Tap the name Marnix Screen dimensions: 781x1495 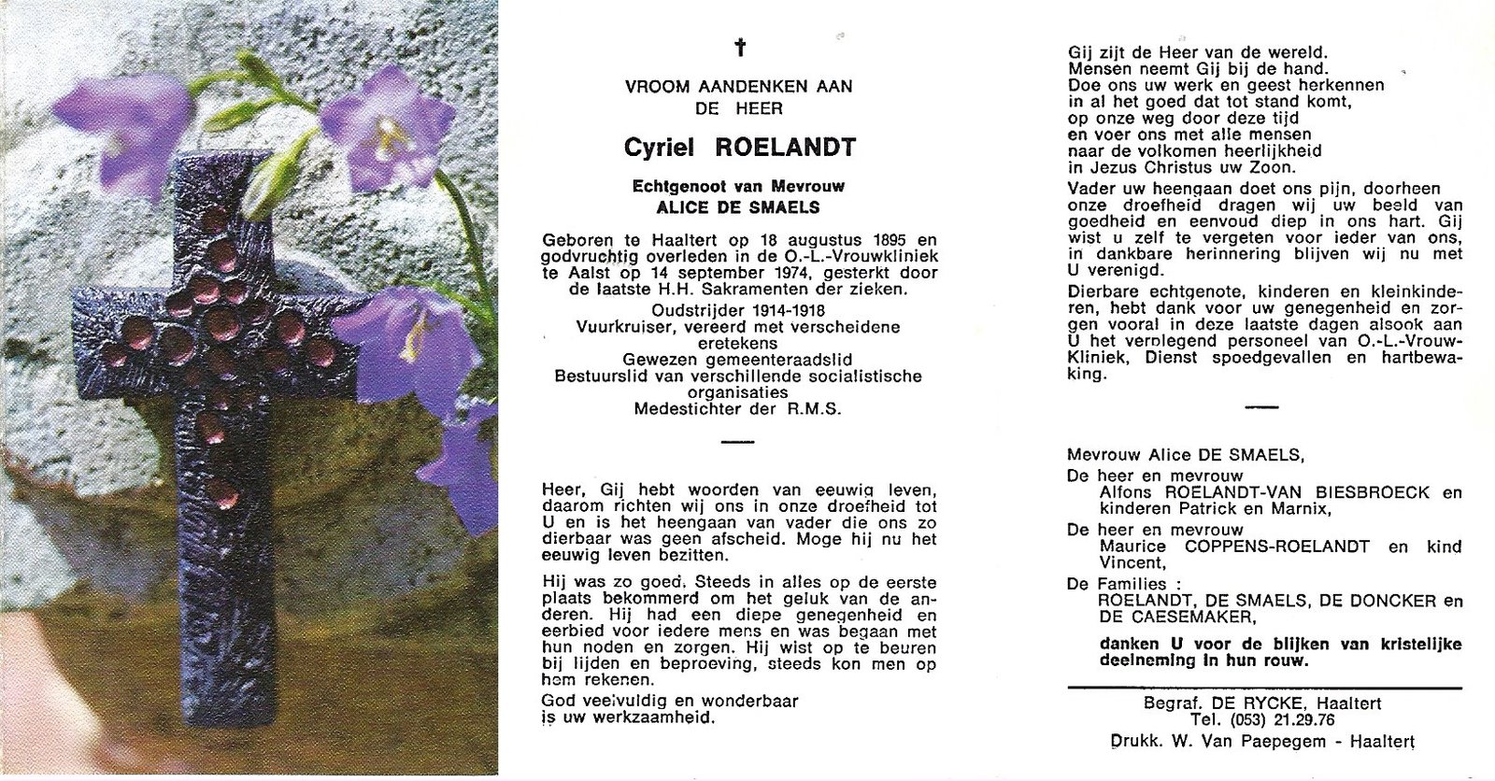click(x=1291, y=508)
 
